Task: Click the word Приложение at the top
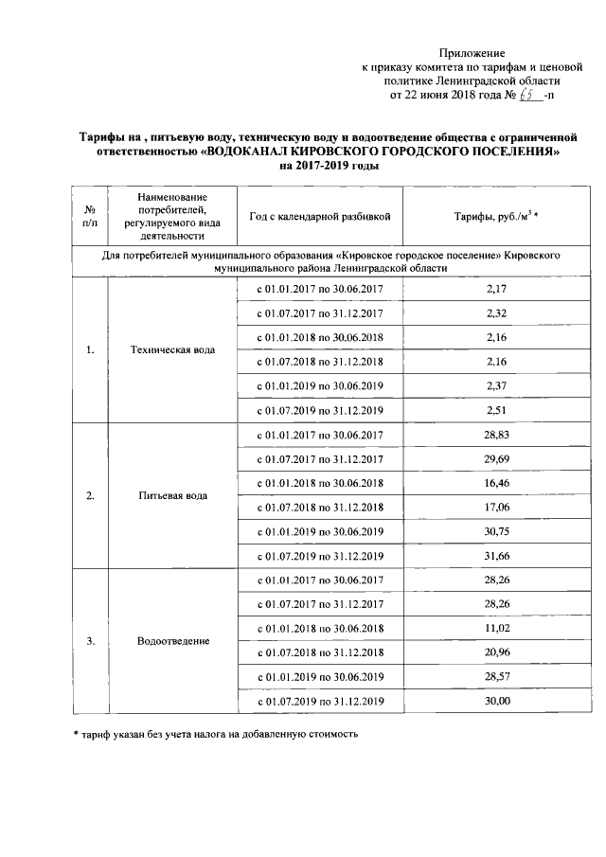point(472,54)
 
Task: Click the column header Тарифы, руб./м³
point(496,217)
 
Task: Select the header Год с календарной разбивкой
point(319,217)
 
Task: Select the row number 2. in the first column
point(90,495)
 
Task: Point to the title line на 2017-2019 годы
point(328,166)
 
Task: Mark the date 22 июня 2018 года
point(444,95)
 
